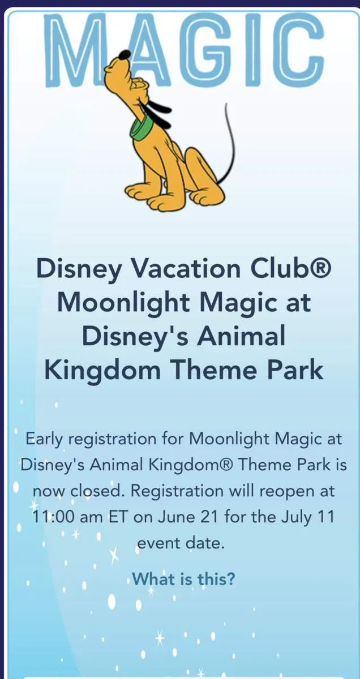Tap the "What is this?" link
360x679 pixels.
(183, 579)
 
